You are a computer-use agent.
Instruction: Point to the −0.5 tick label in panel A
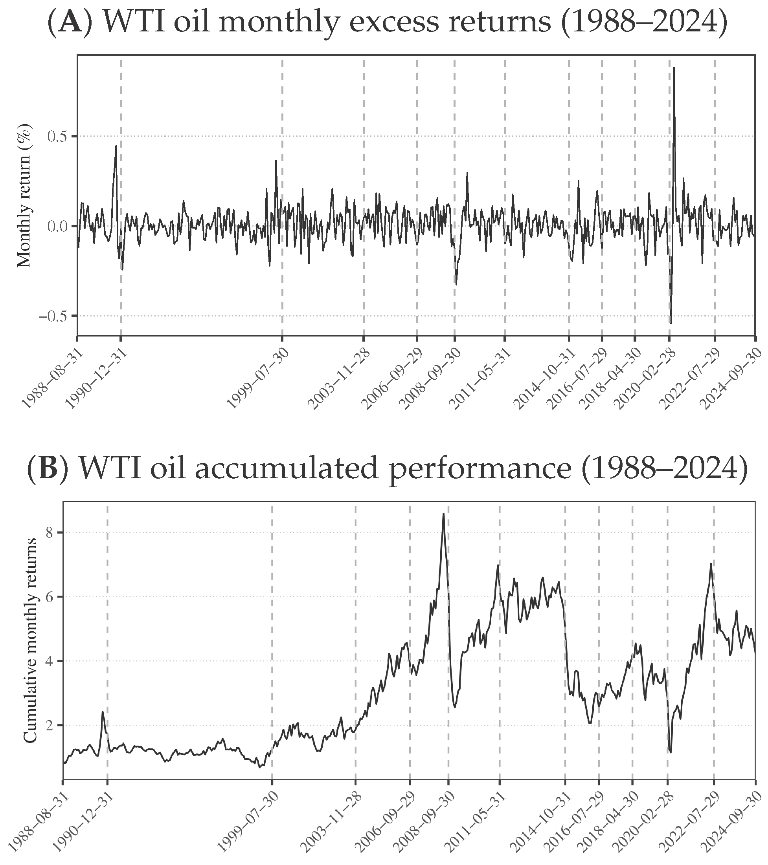(55, 316)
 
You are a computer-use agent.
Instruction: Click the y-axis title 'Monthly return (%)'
(25, 195)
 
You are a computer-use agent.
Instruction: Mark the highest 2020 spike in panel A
(674, 67)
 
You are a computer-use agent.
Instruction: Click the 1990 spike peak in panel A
(116, 146)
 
